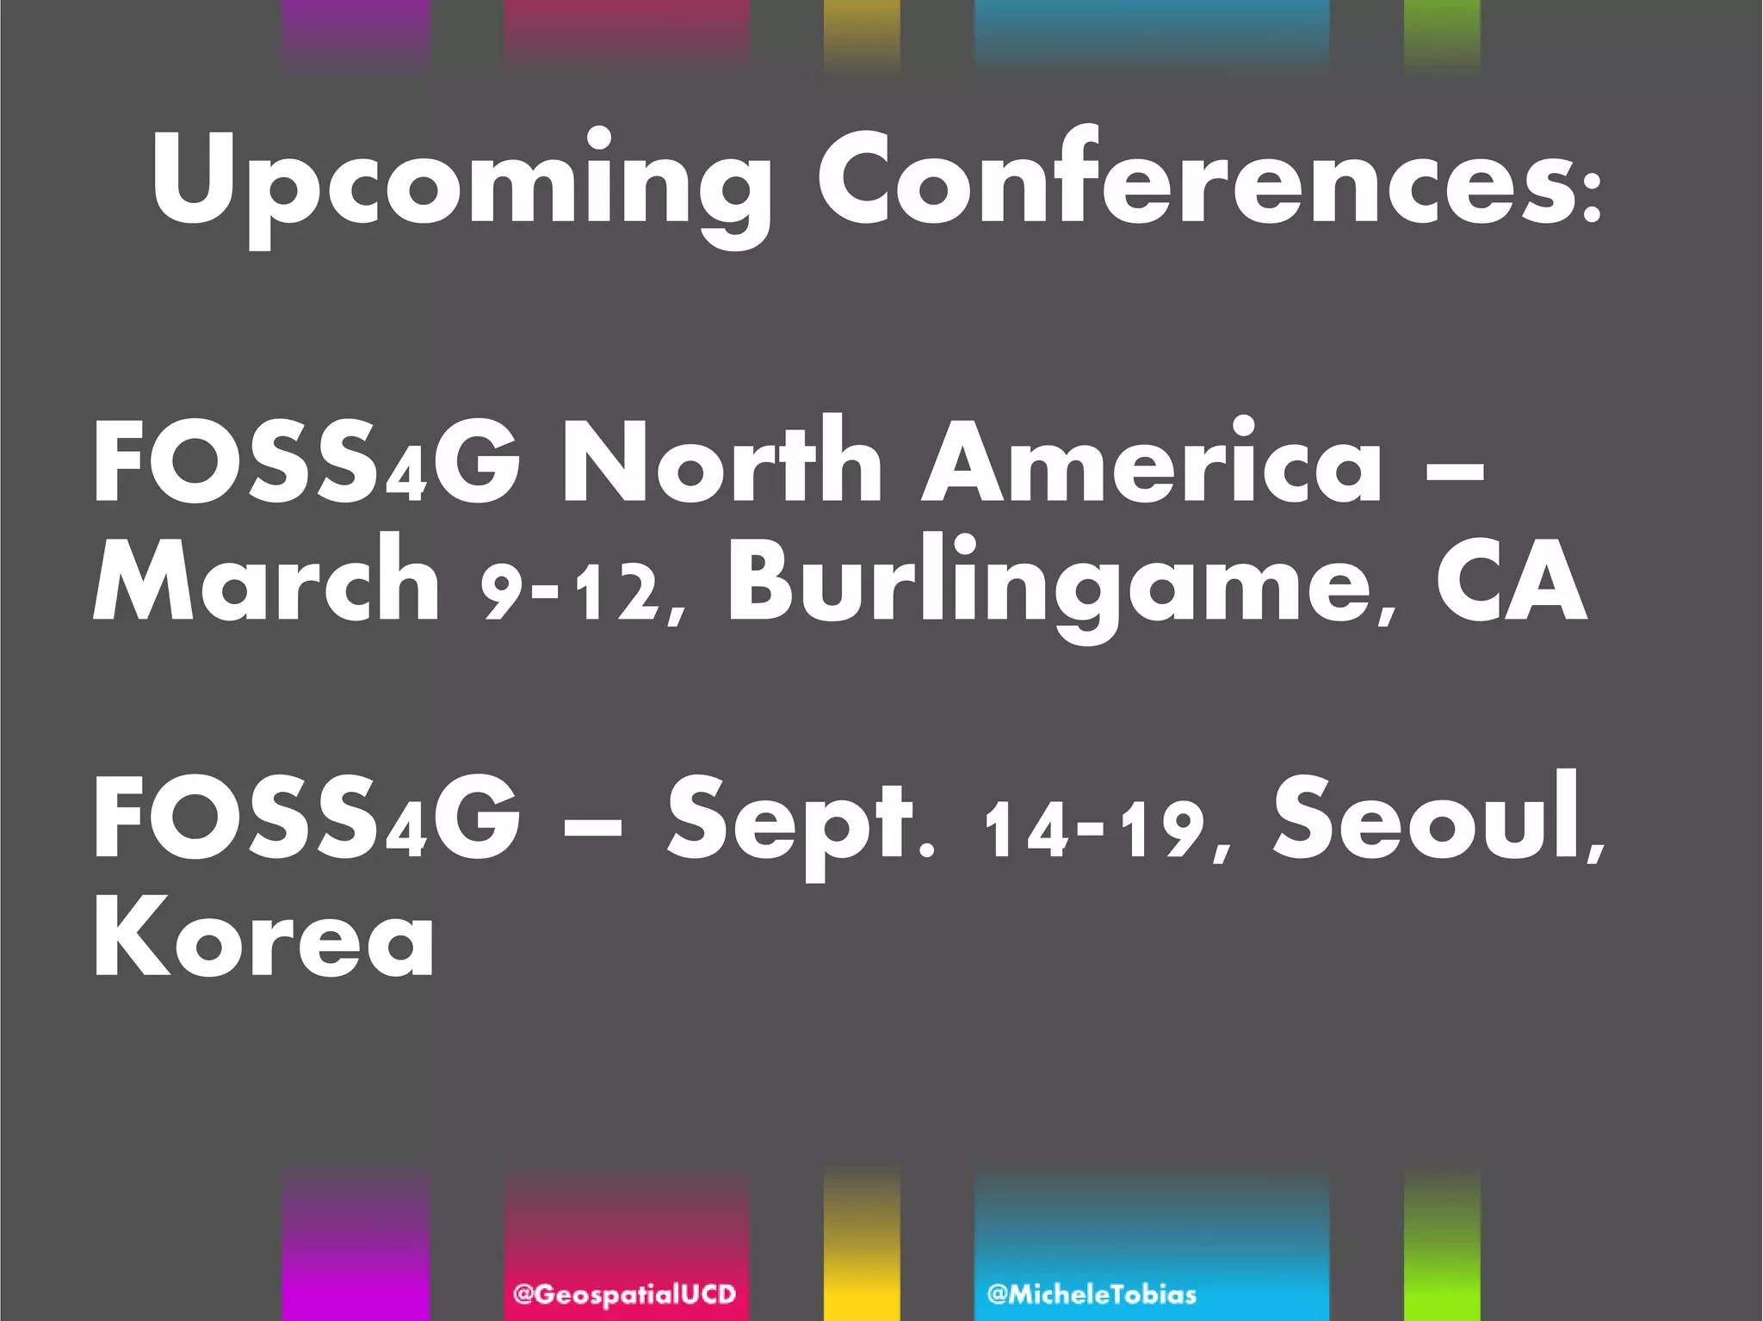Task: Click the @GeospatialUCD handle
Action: click(625, 1294)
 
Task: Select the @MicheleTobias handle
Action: click(1092, 1294)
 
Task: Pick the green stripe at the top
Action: click(1442, 34)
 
